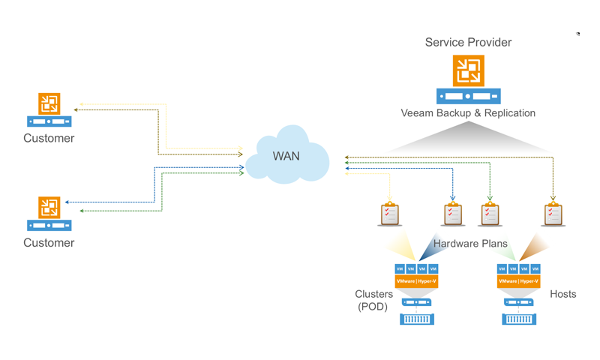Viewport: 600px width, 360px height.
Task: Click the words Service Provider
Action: pyautogui.click(x=468, y=43)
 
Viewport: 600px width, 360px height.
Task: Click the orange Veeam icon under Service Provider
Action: pyautogui.click(x=469, y=70)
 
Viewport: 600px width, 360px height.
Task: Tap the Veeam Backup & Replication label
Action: pyautogui.click(x=468, y=113)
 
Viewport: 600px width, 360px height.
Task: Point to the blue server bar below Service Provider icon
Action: pyautogui.click(x=469, y=96)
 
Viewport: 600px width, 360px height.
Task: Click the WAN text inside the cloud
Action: pyautogui.click(x=286, y=156)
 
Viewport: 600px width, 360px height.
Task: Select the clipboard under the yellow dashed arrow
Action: pyautogui.click(x=389, y=214)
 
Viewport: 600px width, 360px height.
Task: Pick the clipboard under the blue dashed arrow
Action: pyautogui.click(x=453, y=214)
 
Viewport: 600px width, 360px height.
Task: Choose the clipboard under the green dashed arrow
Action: pyautogui.click(x=490, y=214)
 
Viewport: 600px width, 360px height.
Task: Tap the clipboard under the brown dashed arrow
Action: pyautogui.click(x=553, y=214)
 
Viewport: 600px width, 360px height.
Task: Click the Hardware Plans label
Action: pyautogui.click(x=470, y=244)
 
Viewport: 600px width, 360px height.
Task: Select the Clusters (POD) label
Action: pyautogui.click(x=373, y=300)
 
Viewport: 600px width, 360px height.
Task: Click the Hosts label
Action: pyautogui.click(x=562, y=294)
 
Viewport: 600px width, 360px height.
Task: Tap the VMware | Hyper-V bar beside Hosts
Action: pyautogui.click(x=518, y=281)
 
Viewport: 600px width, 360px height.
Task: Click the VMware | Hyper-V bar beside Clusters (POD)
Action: pyautogui.click(x=416, y=281)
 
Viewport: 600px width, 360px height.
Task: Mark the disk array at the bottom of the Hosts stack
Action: pyautogui.click(x=519, y=319)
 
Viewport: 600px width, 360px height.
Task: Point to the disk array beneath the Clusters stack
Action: pyautogui.click(x=417, y=319)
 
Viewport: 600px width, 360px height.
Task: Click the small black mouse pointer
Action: pyautogui.click(x=577, y=34)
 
